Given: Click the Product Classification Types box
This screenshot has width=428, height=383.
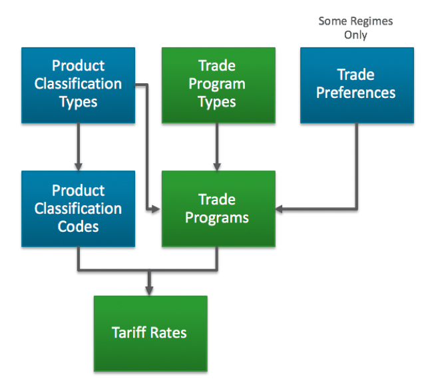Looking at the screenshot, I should pos(78,84).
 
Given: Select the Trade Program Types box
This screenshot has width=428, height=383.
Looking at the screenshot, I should pos(218,84).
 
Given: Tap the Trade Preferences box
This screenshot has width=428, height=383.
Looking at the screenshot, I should pos(355,84).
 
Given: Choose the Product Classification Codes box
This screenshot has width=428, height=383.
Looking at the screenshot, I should pos(78,208).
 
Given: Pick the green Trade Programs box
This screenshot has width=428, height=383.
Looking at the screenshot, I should pos(218,208).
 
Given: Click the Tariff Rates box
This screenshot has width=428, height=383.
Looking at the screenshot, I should pos(150,332).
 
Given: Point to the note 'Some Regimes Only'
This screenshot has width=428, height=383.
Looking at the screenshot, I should pos(355,28).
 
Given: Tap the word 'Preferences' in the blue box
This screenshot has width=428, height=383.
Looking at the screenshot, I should pos(355,93).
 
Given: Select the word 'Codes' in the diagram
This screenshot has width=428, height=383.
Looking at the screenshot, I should pos(78,226).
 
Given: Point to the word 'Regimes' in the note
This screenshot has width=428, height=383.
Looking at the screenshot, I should pos(371,21).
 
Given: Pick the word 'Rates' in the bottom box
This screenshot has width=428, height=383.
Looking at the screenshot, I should pos(169,332).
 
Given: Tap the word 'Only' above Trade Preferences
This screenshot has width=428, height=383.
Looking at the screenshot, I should pos(355,35).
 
